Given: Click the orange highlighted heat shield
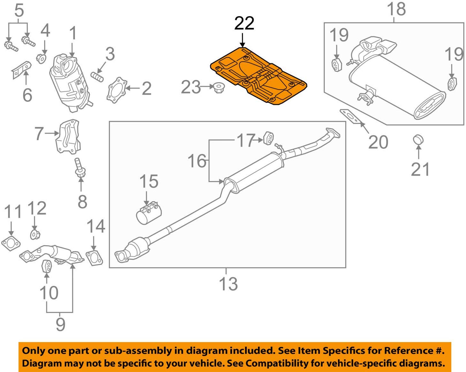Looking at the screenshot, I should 259,77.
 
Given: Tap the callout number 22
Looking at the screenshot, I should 244,23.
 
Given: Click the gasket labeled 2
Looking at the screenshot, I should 116,89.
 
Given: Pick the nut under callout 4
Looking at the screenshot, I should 41,58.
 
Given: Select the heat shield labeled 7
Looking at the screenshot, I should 67,136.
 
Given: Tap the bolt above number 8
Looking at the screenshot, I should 78,168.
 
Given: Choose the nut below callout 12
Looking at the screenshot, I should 35,235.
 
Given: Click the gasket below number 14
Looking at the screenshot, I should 94,258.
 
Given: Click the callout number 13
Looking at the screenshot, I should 228,284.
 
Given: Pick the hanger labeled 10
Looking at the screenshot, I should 47,266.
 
